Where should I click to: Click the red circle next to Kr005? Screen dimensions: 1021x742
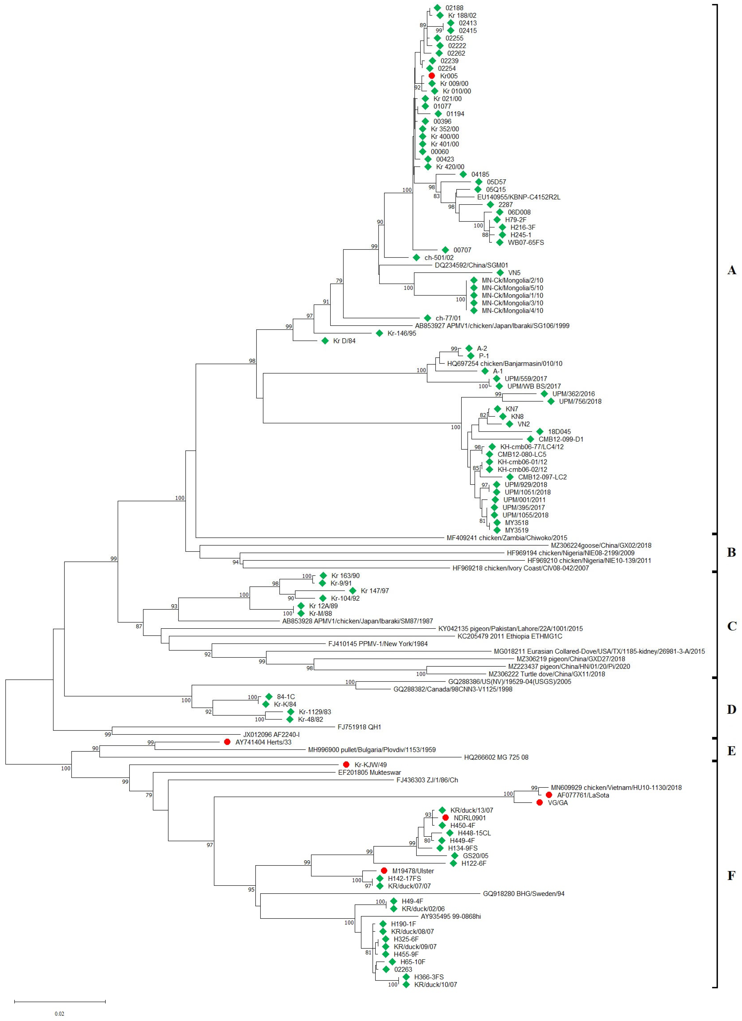[431, 76]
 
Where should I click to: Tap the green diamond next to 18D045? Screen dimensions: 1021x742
[539, 432]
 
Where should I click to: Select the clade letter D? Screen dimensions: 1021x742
[732, 710]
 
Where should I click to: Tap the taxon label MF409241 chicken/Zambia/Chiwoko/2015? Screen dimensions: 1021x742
[507, 537]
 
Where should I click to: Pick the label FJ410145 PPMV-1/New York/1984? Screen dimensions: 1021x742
[378, 644]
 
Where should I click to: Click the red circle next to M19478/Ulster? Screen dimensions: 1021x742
[384, 871]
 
